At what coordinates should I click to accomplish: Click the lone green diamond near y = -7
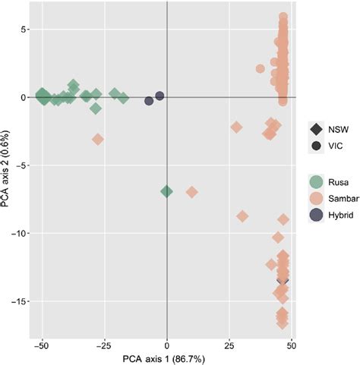click(167, 191)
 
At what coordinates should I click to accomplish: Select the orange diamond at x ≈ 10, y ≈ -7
click(192, 192)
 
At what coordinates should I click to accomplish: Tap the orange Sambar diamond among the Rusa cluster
click(98, 140)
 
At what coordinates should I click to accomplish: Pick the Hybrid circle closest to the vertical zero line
click(159, 96)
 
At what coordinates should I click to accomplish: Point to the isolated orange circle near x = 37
click(261, 68)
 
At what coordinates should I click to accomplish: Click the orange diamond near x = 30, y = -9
click(242, 216)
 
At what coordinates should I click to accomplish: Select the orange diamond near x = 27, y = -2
click(236, 127)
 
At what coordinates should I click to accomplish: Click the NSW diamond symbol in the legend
click(315, 129)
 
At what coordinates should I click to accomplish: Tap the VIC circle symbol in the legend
click(315, 146)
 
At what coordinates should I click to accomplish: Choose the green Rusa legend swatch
click(315, 182)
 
